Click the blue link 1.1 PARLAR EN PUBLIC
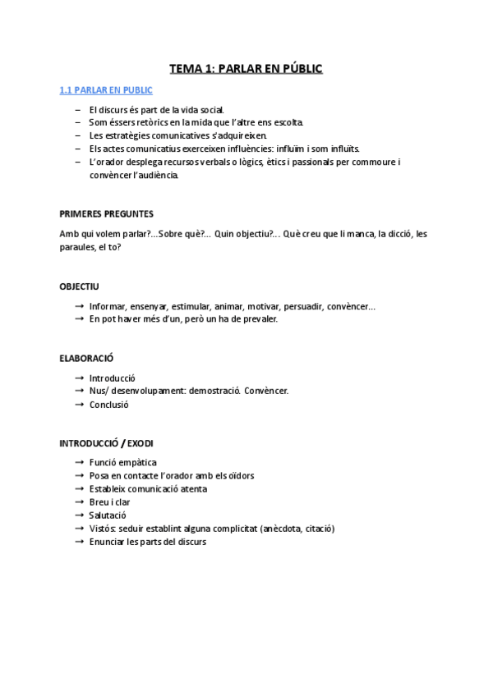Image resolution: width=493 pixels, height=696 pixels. pos(106,90)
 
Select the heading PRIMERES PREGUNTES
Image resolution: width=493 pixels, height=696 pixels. pos(106,214)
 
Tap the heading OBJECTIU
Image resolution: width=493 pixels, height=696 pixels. pos(79,286)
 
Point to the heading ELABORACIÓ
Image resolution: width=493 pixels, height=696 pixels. pos(85,358)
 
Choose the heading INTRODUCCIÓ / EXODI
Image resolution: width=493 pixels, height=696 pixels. pos(106,443)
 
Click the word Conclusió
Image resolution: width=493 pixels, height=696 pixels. pos(109,404)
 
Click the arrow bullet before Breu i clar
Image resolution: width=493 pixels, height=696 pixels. pos(79,501)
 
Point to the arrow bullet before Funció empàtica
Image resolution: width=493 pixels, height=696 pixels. pos(79,462)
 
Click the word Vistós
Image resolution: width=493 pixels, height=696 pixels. pos(104,528)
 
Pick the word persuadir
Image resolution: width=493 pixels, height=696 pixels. pos(299,306)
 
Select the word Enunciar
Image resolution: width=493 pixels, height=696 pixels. pos(108,541)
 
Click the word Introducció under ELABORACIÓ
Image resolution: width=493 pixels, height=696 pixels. pos(113,378)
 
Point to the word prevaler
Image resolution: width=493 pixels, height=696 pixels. pos(260,319)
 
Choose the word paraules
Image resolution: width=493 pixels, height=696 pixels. pos(77,246)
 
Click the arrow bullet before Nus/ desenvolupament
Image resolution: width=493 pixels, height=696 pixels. pos(79,391)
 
